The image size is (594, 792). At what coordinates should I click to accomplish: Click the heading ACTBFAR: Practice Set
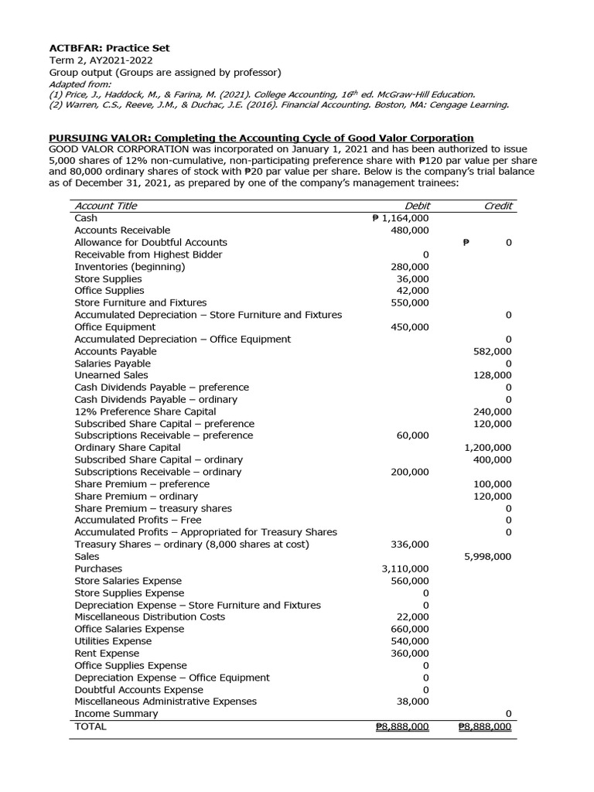coord(109,48)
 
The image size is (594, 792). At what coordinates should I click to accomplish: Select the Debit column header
coord(418,206)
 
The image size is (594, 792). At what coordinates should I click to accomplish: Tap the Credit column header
coord(497,206)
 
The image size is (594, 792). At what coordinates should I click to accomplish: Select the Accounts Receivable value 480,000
coord(410,230)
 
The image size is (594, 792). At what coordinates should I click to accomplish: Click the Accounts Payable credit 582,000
coord(492,351)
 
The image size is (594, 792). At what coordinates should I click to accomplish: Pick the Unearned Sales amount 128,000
coord(492,375)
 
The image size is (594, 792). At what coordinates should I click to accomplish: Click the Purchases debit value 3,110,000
coord(405,568)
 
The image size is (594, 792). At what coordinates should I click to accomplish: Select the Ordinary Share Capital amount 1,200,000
coord(487,448)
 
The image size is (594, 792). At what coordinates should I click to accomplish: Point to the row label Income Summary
coord(116,714)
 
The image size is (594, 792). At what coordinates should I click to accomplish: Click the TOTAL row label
coord(90,726)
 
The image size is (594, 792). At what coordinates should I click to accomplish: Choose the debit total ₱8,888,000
coord(401,727)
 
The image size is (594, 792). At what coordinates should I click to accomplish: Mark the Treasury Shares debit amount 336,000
coord(410,544)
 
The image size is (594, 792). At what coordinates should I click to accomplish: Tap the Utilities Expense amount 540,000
coord(410,641)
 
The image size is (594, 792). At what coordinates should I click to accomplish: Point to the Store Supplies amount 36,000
coord(413,278)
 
